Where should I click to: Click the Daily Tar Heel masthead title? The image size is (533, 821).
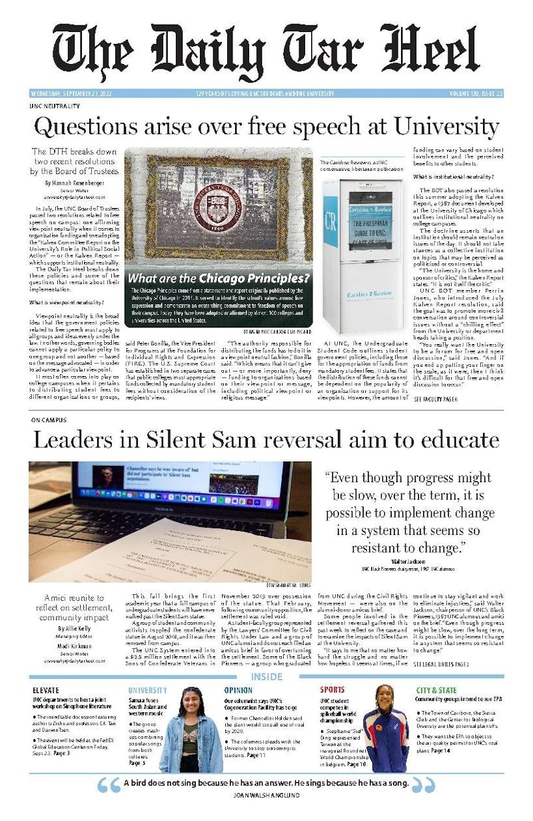pyautogui.click(x=266, y=51)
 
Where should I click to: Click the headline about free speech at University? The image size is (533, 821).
pyautogui.click(x=266, y=126)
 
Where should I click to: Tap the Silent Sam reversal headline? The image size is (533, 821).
pyautogui.click(x=266, y=440)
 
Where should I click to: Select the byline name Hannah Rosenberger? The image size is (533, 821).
pyautogui.click(x=75, y=182)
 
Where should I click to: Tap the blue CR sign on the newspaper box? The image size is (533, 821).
pyautogui.click(x=330, y=221)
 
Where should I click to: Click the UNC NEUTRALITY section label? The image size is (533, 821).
pyautogui.click(x=55, y=106)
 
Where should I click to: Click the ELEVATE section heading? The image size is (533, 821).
pyautogui.click(x=46, y=690)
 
